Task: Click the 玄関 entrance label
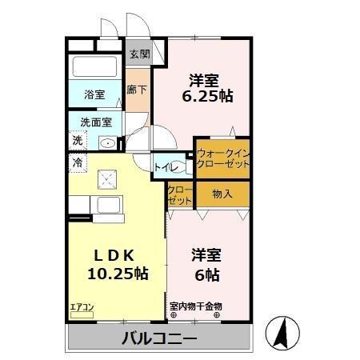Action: coord(139,54)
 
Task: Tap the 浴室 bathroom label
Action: coord(94,94)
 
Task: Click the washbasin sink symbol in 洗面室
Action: coord(106,142)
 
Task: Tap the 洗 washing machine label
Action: coord(78,141)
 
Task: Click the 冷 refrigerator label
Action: coord(78,162)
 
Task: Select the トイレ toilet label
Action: coord(166,167)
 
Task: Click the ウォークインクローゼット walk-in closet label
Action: coord(222,157)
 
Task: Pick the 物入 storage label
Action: coord(222,193)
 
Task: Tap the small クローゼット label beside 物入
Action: coord(180,194)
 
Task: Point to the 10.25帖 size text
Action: coord(118,273)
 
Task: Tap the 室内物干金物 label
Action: coord(195,306)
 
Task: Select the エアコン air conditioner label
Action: coord(82,306)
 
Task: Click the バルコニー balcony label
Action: coord(159,338)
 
